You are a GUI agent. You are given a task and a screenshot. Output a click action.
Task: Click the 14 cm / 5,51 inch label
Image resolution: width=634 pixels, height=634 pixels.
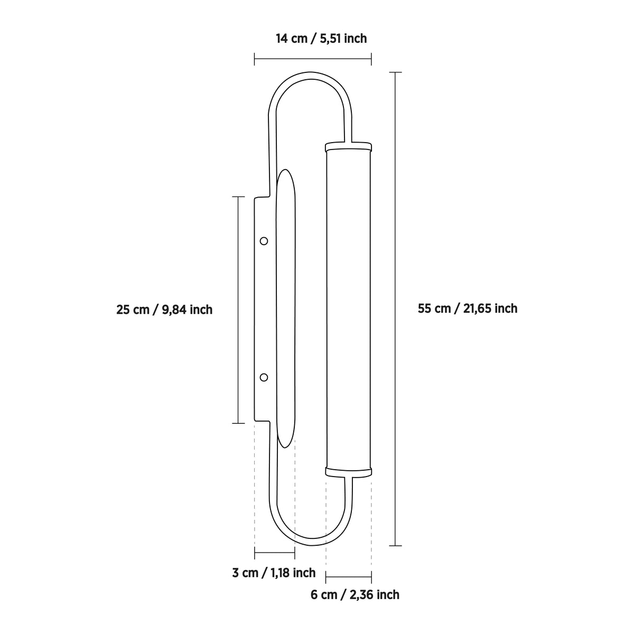click(321, 39)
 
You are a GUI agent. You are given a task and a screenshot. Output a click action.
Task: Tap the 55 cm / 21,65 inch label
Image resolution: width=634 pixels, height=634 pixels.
click(468, 309)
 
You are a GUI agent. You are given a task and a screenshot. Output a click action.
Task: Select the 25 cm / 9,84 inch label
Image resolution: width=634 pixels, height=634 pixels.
click(164, 310)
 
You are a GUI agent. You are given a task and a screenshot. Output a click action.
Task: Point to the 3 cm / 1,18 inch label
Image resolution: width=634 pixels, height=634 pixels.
click(274, 573)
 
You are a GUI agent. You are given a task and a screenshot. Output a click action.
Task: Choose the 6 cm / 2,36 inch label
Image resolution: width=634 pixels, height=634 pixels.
click(355, 594)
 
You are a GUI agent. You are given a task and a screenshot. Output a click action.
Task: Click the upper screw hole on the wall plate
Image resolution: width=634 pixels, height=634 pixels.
click(264, 241)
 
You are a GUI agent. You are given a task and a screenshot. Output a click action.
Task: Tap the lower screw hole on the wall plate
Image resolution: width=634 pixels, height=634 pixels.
click(264, 377)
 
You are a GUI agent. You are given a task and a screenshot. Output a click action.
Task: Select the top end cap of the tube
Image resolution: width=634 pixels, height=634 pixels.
click(348, 147)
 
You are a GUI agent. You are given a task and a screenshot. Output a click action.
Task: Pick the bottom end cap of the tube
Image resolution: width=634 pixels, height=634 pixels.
click(348, 472)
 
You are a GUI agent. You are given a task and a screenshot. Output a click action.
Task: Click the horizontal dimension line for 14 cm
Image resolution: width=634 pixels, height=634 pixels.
click(313, 59)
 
